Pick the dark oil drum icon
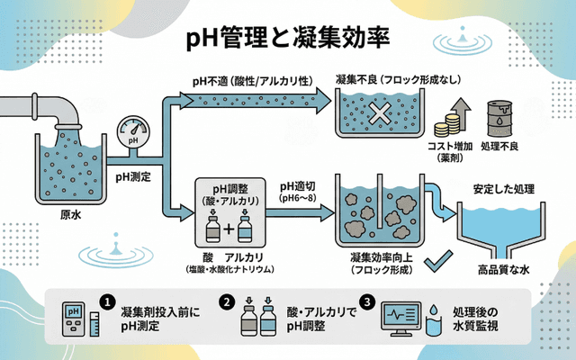point(499,118)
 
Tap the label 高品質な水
point(502,268)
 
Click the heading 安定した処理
point(504,190)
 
